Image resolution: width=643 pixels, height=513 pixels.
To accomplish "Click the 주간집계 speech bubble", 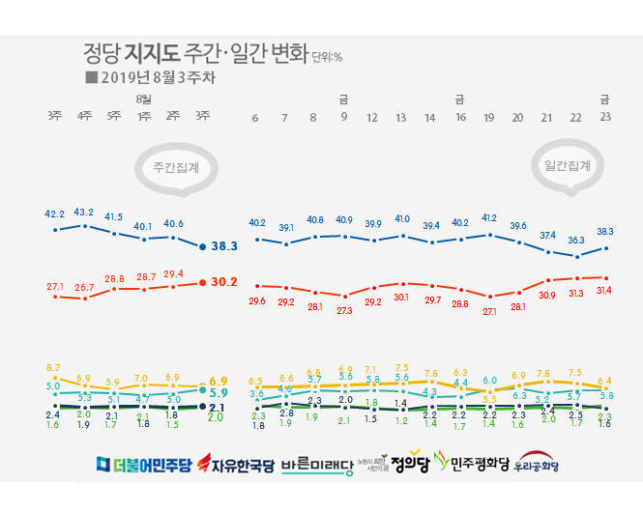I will [x=175, y=167].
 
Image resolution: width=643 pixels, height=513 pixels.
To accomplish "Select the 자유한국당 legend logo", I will [x=235, y=464].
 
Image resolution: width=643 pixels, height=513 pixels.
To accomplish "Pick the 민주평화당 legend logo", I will [x=473, y=464].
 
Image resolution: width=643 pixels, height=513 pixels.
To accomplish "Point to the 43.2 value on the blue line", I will [x=84, y=213].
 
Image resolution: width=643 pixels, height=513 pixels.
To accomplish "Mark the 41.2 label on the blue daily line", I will [x=489, y=218].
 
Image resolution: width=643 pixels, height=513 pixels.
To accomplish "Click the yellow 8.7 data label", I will [x=54, y=367].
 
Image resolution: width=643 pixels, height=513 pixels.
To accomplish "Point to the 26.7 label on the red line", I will [x=84, y=287].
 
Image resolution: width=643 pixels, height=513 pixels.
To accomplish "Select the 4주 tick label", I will [x=84, y=117].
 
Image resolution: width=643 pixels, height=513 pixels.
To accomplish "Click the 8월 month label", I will [x=144, y=100].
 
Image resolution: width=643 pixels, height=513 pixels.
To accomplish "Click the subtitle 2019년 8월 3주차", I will [x=145, y=75].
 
